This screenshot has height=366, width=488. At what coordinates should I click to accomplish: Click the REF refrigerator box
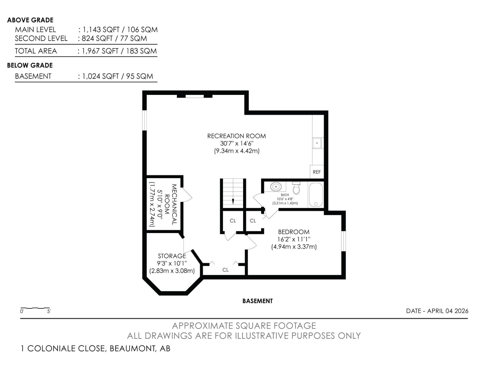coord(317,172)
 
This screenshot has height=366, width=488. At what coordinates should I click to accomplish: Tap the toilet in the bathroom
coord(296,188)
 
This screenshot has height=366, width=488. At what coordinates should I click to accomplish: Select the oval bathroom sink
coord(276,186)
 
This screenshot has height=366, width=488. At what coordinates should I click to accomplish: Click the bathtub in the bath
coord(316,195)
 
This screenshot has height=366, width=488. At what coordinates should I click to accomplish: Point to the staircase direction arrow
coord(233,201)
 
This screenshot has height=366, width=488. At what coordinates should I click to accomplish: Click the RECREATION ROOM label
coord(236,136)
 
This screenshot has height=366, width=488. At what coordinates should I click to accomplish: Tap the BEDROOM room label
coord(294,232)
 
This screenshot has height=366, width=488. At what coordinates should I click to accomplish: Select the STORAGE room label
coord(172,256)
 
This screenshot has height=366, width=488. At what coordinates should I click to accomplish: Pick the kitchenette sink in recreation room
coord(317,143)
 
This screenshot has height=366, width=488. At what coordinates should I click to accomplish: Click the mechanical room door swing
coord(187,195)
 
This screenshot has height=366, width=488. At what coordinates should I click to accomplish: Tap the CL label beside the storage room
coord(225,270)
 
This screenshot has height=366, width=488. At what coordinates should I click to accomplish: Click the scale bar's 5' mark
coord(49,311)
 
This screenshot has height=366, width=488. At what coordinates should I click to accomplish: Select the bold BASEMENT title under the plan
coord(257,301)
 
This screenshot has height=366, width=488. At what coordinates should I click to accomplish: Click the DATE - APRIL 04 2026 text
coord(437,311)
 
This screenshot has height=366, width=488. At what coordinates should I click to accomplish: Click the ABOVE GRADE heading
coord(30,20)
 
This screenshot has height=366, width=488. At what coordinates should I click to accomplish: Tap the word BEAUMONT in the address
coord(133,348)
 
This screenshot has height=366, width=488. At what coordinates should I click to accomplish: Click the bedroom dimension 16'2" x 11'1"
coord(294,239)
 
